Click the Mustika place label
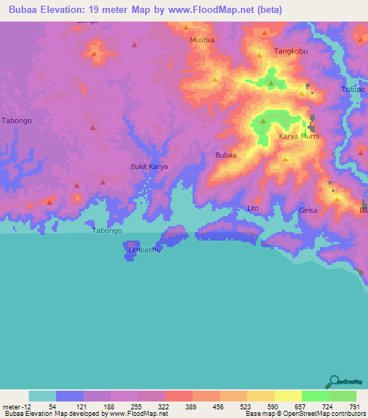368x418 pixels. (x=202, y=40)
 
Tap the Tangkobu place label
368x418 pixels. (x=291, y=52)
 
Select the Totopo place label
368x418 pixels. (x=352, y=90)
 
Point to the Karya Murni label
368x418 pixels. (x=298, y=136)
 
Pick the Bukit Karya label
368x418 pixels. (x=149, y=167)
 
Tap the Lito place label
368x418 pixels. (x=252, y=208)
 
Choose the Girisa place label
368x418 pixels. (x=308, y=210)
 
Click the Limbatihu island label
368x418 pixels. (x=144, y=249)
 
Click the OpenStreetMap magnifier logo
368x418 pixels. (x=333, y=381)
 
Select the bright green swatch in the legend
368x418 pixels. (x=315, y=396)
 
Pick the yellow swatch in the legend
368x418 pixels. (x=287, y=396)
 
